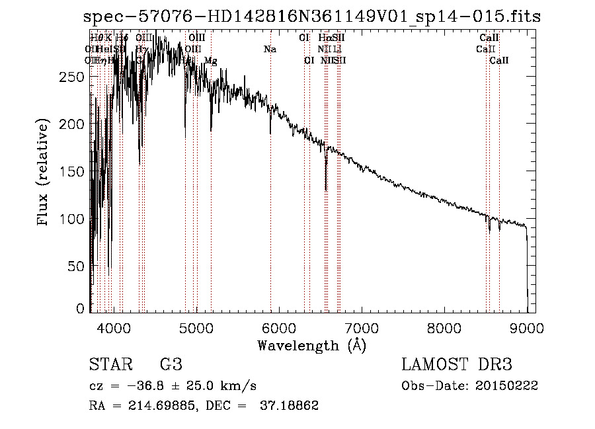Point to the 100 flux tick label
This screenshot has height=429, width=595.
click(x=73, y=219)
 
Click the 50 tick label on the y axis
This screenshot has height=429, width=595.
click(x=77, y=266)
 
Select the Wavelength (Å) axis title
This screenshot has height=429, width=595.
click(x=311, y=345)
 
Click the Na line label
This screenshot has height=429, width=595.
click(x=270, y=50)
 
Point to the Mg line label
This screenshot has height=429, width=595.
click(x=210, y=61)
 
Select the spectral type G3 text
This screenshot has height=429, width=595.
click(x=171, y=365)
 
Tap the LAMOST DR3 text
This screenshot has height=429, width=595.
click(x=456, y=365)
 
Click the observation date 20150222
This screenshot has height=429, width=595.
click(x=510, y=385)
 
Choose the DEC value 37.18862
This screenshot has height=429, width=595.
click(x=289, y=406)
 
